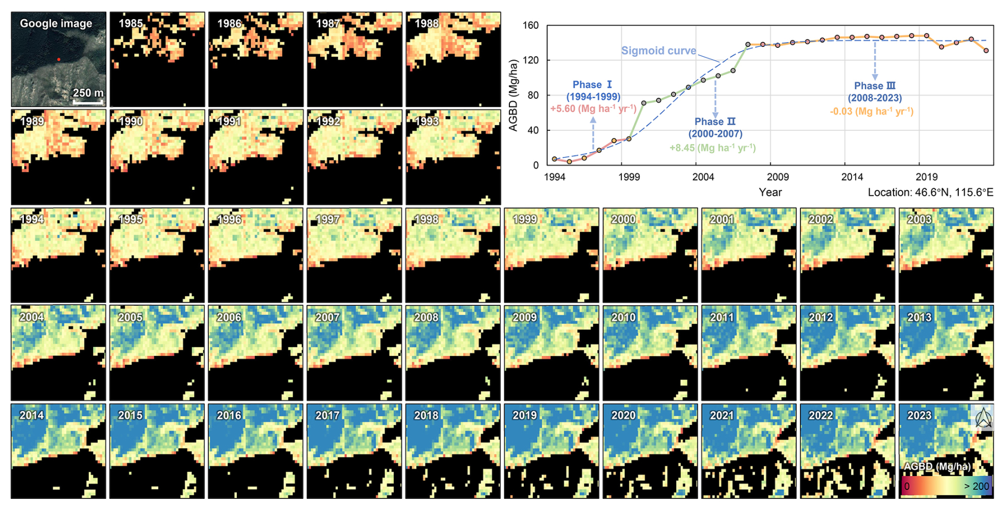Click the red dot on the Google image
[x=58, y=59]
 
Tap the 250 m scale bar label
[x=88, y=93]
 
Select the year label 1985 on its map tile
[x=130, y=23]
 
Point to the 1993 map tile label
[x=427, y=121]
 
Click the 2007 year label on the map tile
[x=327, y=318]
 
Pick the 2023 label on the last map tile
[x=919, y=415]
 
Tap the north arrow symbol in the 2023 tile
[x=984, y=418]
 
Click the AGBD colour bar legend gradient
[x=946, y=486]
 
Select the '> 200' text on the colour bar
[x=976, y=486]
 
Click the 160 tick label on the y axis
[x=530, y=26]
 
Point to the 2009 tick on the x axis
[x=777, y=177]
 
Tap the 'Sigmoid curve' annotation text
[x=658, y=51]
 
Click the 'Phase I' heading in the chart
[x=592, y=85]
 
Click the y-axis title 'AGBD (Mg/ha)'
[x=513, y=96]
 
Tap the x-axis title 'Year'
[x=770, y=192]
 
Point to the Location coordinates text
[x=930, y=192]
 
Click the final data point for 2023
[x=986, y=51]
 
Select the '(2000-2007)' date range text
[x=715, y=134]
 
